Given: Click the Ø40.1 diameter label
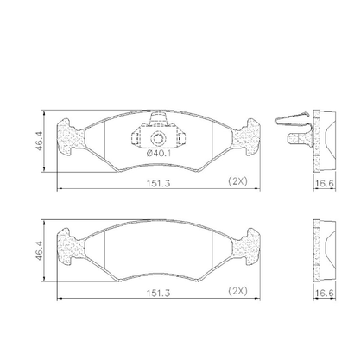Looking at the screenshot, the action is (159, 153).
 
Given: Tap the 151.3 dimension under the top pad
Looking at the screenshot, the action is (159, 183).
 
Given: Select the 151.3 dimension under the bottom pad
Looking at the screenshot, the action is (159, 293).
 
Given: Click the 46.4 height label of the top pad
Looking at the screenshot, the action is (39, 141).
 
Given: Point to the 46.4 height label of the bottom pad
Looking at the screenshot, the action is (39, 251).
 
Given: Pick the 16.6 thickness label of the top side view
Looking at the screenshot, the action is (324, 183).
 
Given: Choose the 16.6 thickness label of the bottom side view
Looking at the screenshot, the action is (324, 294).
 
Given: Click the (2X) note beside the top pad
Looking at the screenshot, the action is (237, 181).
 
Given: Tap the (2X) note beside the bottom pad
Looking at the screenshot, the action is (237, 291).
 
